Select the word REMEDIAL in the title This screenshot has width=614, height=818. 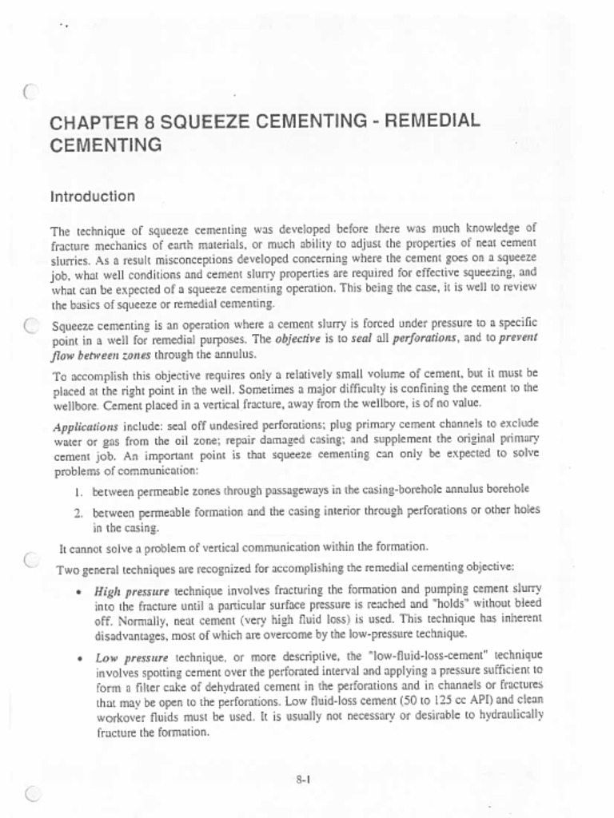coord(433,121)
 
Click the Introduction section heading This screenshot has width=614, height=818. coord(92,197)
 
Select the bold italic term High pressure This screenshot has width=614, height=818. coord(132,592)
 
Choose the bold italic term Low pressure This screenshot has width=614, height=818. coord(131,658)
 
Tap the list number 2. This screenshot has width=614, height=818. coord(78,510)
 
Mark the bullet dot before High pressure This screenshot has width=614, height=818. coord(77,593)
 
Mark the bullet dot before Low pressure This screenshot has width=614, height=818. coord(77,659)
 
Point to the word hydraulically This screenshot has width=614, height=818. coord(508,715)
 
